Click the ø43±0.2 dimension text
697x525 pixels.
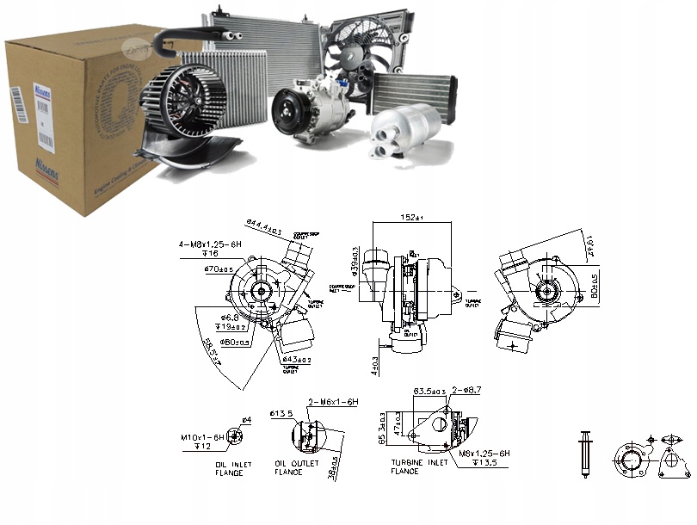tap(298, 358)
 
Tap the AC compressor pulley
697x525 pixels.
tap(287, 112)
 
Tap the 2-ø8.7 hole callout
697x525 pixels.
tap(468, 390)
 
